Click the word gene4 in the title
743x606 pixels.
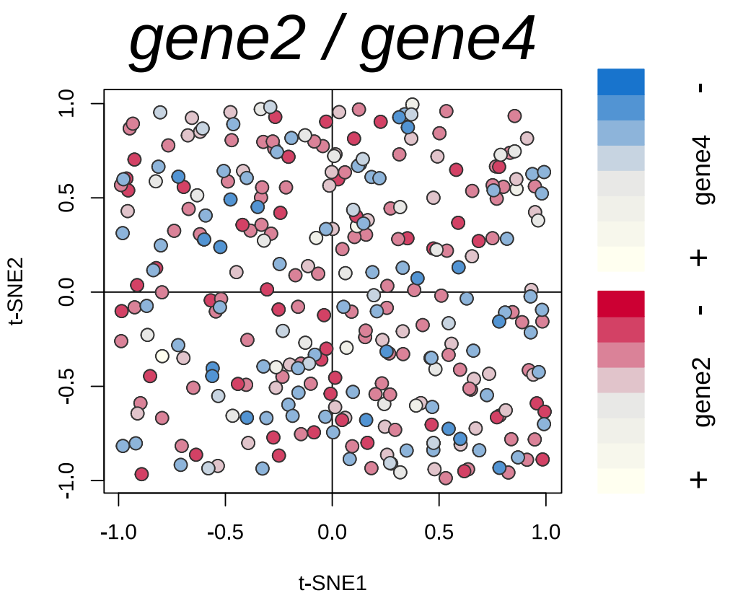tap(447, 41)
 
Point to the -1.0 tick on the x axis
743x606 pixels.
tap(118, 533)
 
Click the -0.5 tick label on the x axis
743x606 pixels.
tap(225, 533)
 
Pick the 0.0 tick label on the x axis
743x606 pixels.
tap(332, 533)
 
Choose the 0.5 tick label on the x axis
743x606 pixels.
tap(439, 533)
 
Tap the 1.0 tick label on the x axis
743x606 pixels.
tap(545, 533)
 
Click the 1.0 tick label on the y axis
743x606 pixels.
tap(67, 104)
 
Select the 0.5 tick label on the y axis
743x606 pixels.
tap(67, 198)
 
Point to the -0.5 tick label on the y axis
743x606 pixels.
tap(67, 386)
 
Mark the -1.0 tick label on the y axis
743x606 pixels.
tap(67, 480)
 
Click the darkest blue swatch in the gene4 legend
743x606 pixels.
tap(620, 81)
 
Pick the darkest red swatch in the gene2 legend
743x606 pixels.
tap(620, 303)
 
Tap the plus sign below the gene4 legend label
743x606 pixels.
tap(698, 258)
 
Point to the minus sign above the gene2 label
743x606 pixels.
tap(700, 310)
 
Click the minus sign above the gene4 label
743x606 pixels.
tap(700, 88)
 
